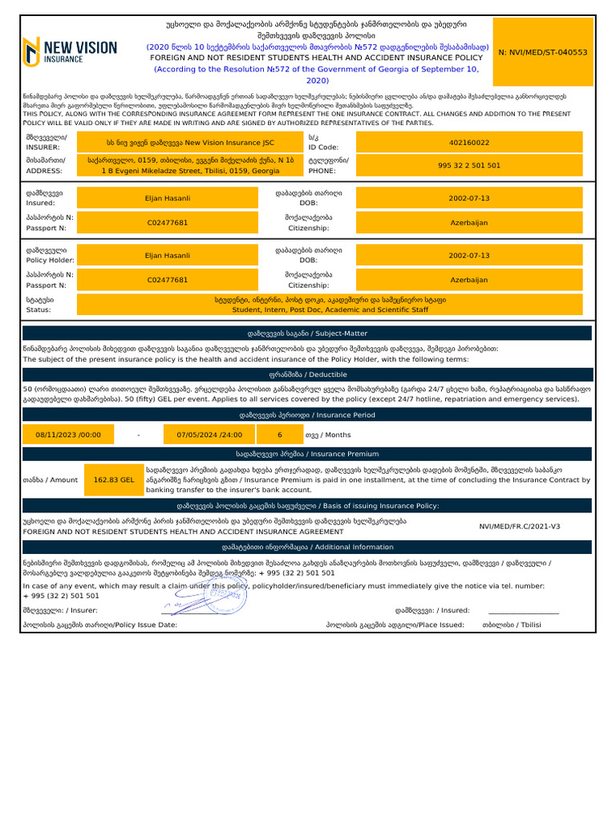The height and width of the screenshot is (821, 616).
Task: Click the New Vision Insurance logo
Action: [71, 52]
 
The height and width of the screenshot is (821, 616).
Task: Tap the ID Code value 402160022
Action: [469, 143]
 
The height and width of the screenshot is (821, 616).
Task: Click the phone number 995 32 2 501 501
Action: [469, 165]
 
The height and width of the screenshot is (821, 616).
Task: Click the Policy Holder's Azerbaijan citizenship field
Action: [469, 280]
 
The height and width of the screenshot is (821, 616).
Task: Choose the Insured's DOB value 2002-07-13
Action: [469, 198]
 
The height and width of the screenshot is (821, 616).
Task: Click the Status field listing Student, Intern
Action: [330, 304]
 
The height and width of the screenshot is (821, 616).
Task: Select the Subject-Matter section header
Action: [308, 333]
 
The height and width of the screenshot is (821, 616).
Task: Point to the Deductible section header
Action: [308, 374]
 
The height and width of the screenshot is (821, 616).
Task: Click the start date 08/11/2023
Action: [69, 435]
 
